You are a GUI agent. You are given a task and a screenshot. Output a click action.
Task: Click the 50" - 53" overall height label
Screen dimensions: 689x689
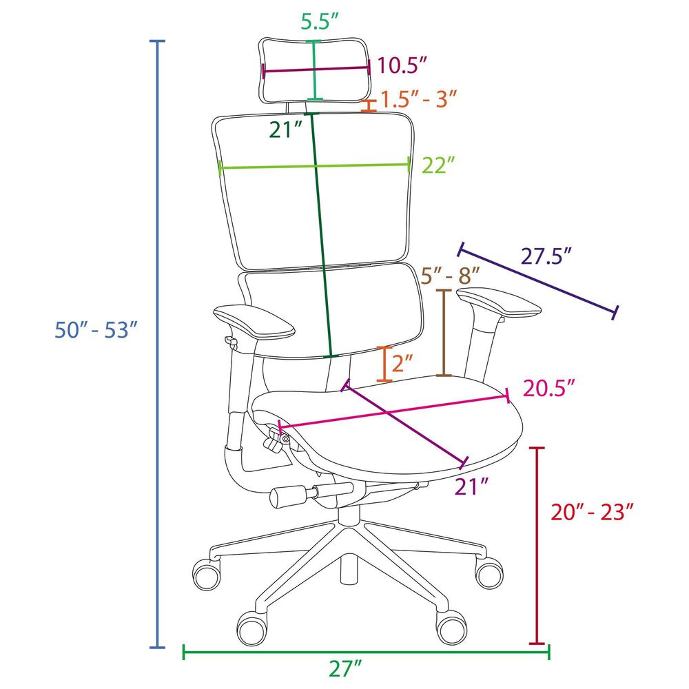point(92,329)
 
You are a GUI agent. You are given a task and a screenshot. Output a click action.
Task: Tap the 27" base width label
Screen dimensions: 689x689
point(346,668)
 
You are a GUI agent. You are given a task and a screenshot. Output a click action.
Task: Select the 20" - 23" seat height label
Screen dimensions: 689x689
point(592,512)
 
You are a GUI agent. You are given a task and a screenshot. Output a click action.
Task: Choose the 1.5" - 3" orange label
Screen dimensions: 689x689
point(420,99)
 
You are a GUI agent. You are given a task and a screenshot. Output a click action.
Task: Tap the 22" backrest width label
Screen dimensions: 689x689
point(440,165)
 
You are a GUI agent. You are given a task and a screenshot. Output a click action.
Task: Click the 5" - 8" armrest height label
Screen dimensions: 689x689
point(450,276)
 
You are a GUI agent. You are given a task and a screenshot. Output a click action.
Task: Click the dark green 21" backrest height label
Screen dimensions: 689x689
point(287,130)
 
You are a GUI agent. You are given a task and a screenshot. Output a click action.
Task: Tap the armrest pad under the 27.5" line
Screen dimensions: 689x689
point(500,304)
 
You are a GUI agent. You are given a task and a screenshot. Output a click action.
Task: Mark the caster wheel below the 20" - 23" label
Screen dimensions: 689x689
point(489,573)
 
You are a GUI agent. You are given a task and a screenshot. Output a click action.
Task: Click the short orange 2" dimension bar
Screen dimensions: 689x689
point(384,363)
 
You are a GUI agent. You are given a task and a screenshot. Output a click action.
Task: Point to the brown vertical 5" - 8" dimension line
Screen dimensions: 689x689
point(444,333)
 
